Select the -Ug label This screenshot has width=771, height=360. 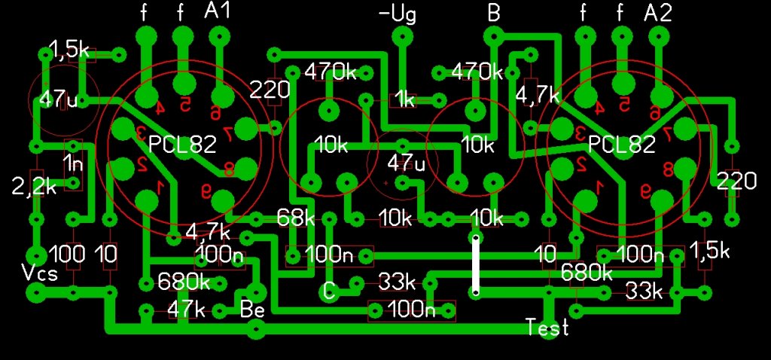[x=397, y=14]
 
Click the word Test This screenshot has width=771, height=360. [x=547, y=328]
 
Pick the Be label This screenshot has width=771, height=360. [x=251, y=308]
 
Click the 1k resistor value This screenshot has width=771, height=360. [x=405, y=99]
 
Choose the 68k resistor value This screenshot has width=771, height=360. [x=296, y=218]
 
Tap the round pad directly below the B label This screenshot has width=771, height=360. [x=493, y=35]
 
